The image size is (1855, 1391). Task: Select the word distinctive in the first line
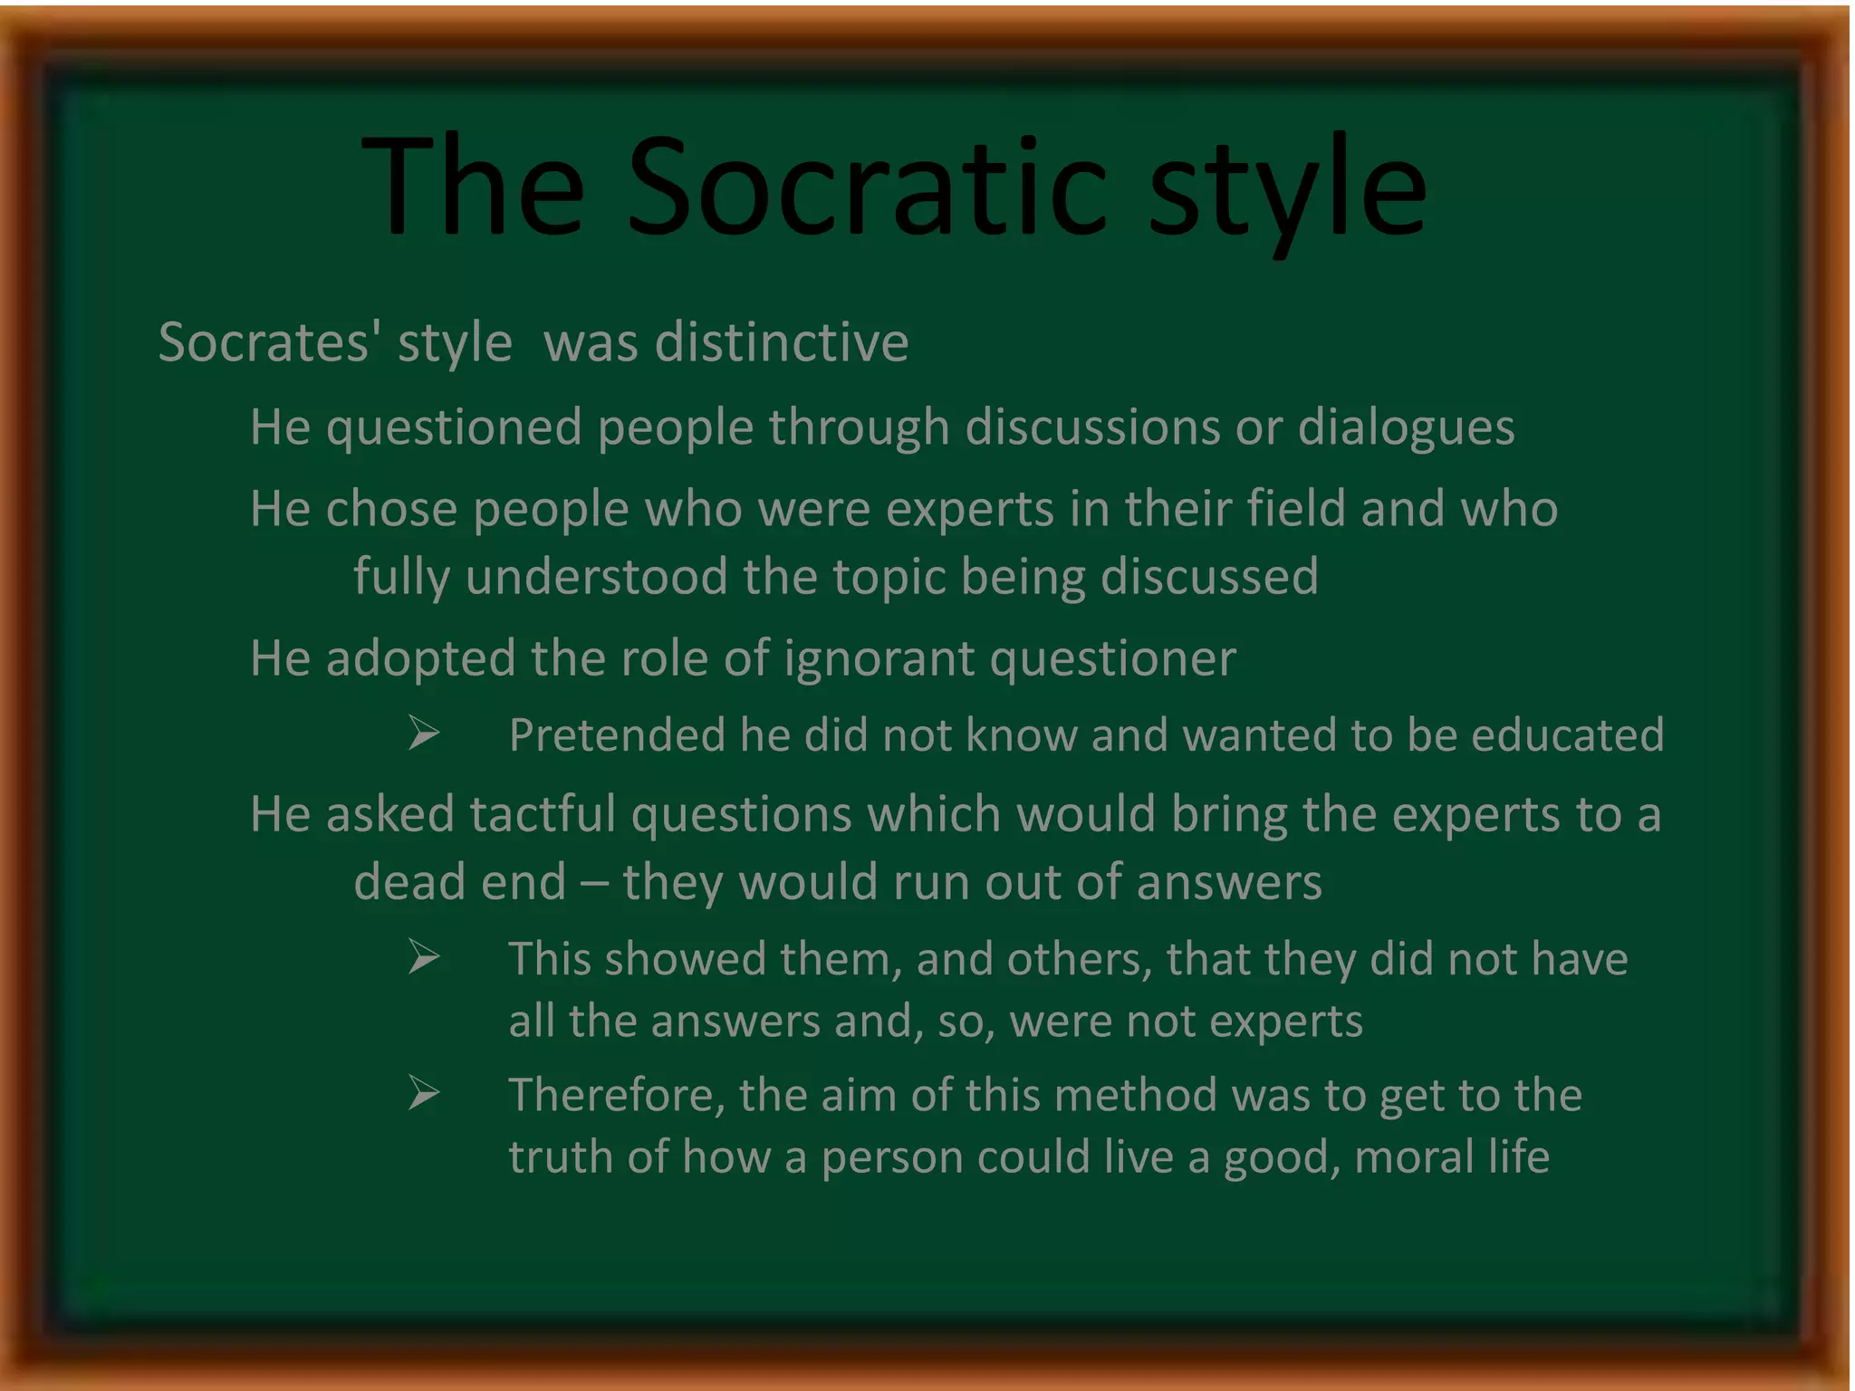tap(782, 343)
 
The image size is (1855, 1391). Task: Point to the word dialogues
tap(1406, 427)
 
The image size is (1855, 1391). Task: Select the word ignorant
tap(879, 659)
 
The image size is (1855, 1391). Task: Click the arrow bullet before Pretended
tap(423, 734)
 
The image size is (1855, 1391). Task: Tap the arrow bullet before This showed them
tap(423, 957)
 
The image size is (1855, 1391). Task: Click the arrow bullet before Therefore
tap(423, 1093)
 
